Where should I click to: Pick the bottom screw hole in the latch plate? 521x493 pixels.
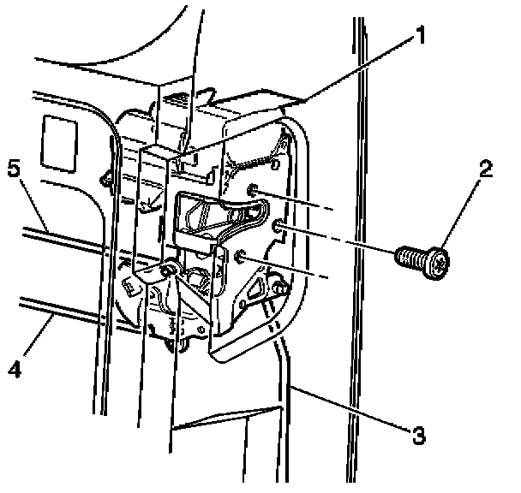point(241,254)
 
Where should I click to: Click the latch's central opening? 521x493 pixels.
point(206,214)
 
